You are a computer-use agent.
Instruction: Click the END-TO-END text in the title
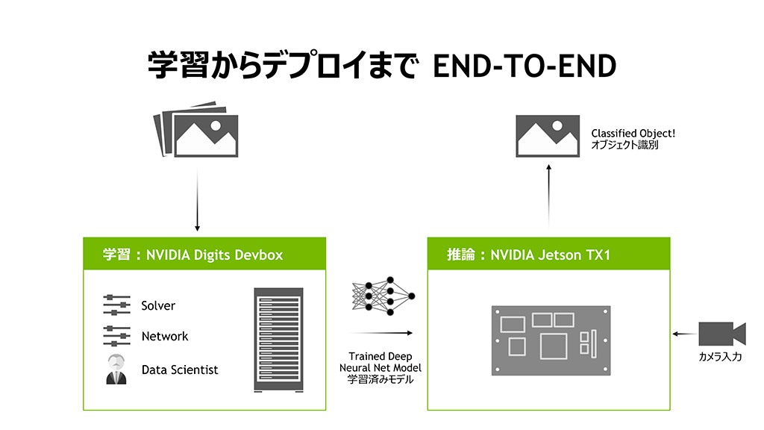point(525,66)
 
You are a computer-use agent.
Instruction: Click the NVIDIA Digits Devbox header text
point(193,255)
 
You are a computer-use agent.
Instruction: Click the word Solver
point(158,305)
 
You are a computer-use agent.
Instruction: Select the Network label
point(165,337)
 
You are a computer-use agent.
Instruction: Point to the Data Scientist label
point(180,370)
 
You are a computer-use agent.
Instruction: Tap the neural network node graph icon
point(383,296)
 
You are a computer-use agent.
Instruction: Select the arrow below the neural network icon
point(381,334)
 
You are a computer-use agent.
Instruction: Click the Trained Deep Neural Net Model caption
point(381,368)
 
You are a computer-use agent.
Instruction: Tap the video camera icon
point(721,332)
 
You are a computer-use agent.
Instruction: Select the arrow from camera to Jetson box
point(682,334)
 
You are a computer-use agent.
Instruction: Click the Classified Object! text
point(633,134)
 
